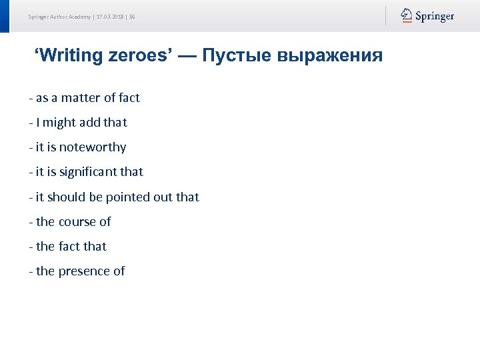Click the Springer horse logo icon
pyautogui.click(x=406, y=15)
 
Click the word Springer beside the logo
pyautogui.click(x=435, y=16)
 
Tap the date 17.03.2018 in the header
pyautogui.click(x=110, y=16)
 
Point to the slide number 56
pyautogui.click(x=132, y=16)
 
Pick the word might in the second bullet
pyautogui.click(x=60, y=123)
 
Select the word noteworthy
pyautogui.click(x=93, y=147)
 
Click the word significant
pyautogui.click(x=87, y=172)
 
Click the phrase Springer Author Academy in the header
pyautogui.click(x=59, y=16)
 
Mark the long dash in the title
pyautogui.click(x=187, y=55)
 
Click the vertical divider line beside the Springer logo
pyautogui.click(x=385, y=16)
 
